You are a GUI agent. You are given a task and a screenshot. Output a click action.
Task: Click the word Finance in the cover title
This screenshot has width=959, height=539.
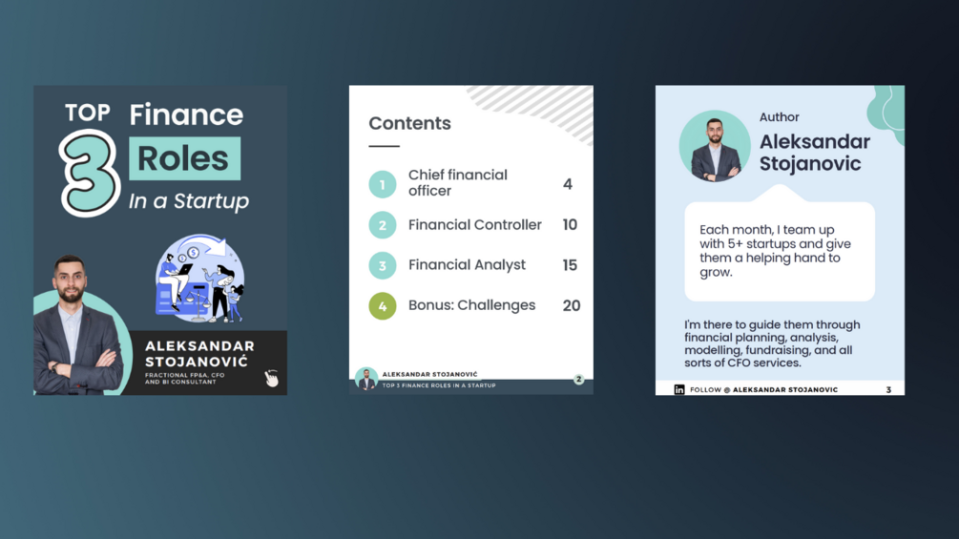tap(186, 114)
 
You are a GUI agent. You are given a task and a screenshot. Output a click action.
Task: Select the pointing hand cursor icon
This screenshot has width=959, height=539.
tap(272, 379)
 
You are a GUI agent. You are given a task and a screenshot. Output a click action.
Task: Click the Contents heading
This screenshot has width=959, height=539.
tap(409, 123)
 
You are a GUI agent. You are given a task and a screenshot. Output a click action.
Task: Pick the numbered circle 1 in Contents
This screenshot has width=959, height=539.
tap(383, 184)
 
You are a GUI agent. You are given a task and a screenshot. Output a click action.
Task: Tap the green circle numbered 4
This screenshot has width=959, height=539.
tap(383, 305)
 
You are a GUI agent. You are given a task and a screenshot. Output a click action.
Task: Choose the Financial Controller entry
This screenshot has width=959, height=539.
tap(475, 225)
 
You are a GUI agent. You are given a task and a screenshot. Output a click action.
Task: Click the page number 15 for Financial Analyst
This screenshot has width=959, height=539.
tap(570, 265)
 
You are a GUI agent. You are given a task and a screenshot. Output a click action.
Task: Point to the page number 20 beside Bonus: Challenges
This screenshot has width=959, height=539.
tap(572, 305)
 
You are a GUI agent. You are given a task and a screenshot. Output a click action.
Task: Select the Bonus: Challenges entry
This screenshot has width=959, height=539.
tap(472, 305)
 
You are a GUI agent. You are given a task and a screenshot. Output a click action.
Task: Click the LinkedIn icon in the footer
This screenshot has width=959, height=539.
tap(678, 389)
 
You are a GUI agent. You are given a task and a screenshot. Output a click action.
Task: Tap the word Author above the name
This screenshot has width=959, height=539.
tap(780, 117)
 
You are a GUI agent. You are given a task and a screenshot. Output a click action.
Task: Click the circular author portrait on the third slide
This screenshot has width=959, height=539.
tap(715, 146)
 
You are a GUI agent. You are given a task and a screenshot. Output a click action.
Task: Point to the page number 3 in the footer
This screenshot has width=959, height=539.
tap(888, 390)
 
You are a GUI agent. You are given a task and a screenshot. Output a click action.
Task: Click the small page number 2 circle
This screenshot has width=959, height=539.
tap(578, 380)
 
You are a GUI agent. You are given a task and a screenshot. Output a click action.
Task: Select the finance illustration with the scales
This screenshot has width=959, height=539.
tap(199, 279)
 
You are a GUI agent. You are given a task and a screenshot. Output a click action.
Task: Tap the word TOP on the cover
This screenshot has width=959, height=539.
tap(88, 113)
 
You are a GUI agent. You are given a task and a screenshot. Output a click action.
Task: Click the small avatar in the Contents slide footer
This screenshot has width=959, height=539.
tap(366, 379)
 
